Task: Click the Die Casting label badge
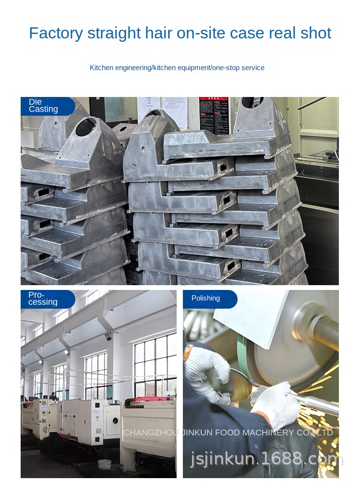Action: pos(46,106)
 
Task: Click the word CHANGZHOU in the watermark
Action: pos(150,433)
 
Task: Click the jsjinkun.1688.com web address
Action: pos(267,460)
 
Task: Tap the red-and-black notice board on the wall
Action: pos(214,115)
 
